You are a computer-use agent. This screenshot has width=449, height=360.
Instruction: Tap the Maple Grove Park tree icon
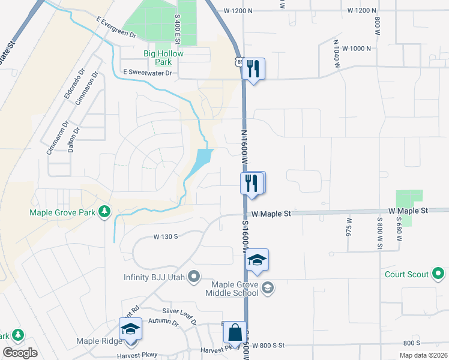point(104,211)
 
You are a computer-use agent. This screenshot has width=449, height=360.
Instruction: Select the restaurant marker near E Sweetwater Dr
point(253,70)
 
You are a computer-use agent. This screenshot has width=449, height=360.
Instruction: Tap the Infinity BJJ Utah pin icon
point(193,276)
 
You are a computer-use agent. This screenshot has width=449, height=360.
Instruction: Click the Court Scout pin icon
point(439,275)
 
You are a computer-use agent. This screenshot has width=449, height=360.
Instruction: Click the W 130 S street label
point(166,237)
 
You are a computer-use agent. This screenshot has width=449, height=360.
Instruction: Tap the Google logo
point(20,353)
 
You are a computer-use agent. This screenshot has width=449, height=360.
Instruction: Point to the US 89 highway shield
point(239,62)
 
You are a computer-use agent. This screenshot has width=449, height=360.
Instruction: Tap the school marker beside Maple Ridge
point(130,329)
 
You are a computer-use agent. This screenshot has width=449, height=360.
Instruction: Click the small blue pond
point(202,160)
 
